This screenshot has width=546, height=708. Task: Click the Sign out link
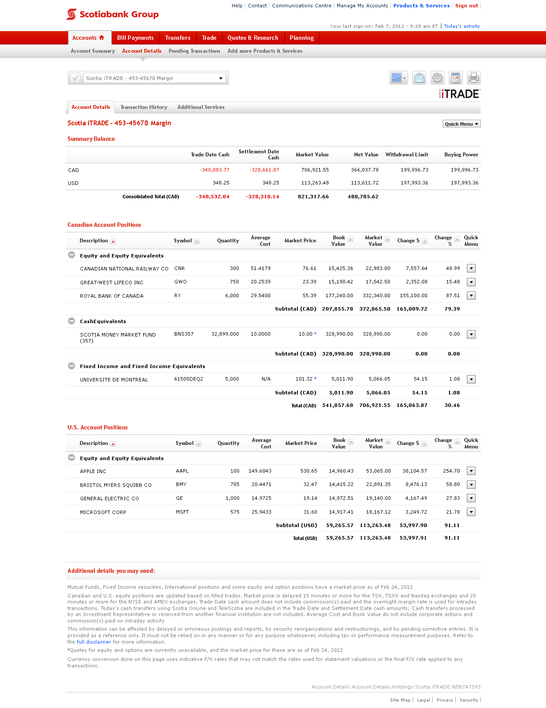tap(466, 6)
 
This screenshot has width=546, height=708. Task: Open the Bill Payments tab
tap(135, 38)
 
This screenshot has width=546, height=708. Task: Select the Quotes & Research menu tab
tap(253, 38)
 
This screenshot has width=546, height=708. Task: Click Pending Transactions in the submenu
tap(194, 51)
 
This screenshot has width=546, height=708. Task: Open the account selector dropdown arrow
tap(221, 78)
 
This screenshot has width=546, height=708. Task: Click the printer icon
tap(473, 78)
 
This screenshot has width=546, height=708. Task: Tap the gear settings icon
tap(437, 78)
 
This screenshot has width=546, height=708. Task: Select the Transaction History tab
tap(144, 107)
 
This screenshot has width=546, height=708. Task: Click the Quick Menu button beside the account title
tap(461, 124)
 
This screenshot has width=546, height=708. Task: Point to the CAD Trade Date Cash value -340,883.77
tap(214, 170)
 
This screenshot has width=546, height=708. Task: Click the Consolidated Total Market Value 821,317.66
tap(313, 197)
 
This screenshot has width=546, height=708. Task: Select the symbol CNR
tap(179, 269)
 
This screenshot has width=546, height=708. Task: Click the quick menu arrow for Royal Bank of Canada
tap(471, 295)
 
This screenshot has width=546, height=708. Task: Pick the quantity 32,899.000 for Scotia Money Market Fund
tap(225, 334)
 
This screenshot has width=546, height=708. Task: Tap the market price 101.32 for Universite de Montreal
tap(304, 379)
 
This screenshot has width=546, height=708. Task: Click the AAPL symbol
tap(182, 471)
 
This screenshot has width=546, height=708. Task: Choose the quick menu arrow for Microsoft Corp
tap(471, 512)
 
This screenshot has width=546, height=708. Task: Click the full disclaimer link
tap(94, 642)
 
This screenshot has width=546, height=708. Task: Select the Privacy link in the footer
tap(444, 700)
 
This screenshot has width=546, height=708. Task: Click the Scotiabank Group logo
tap(112, 14)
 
